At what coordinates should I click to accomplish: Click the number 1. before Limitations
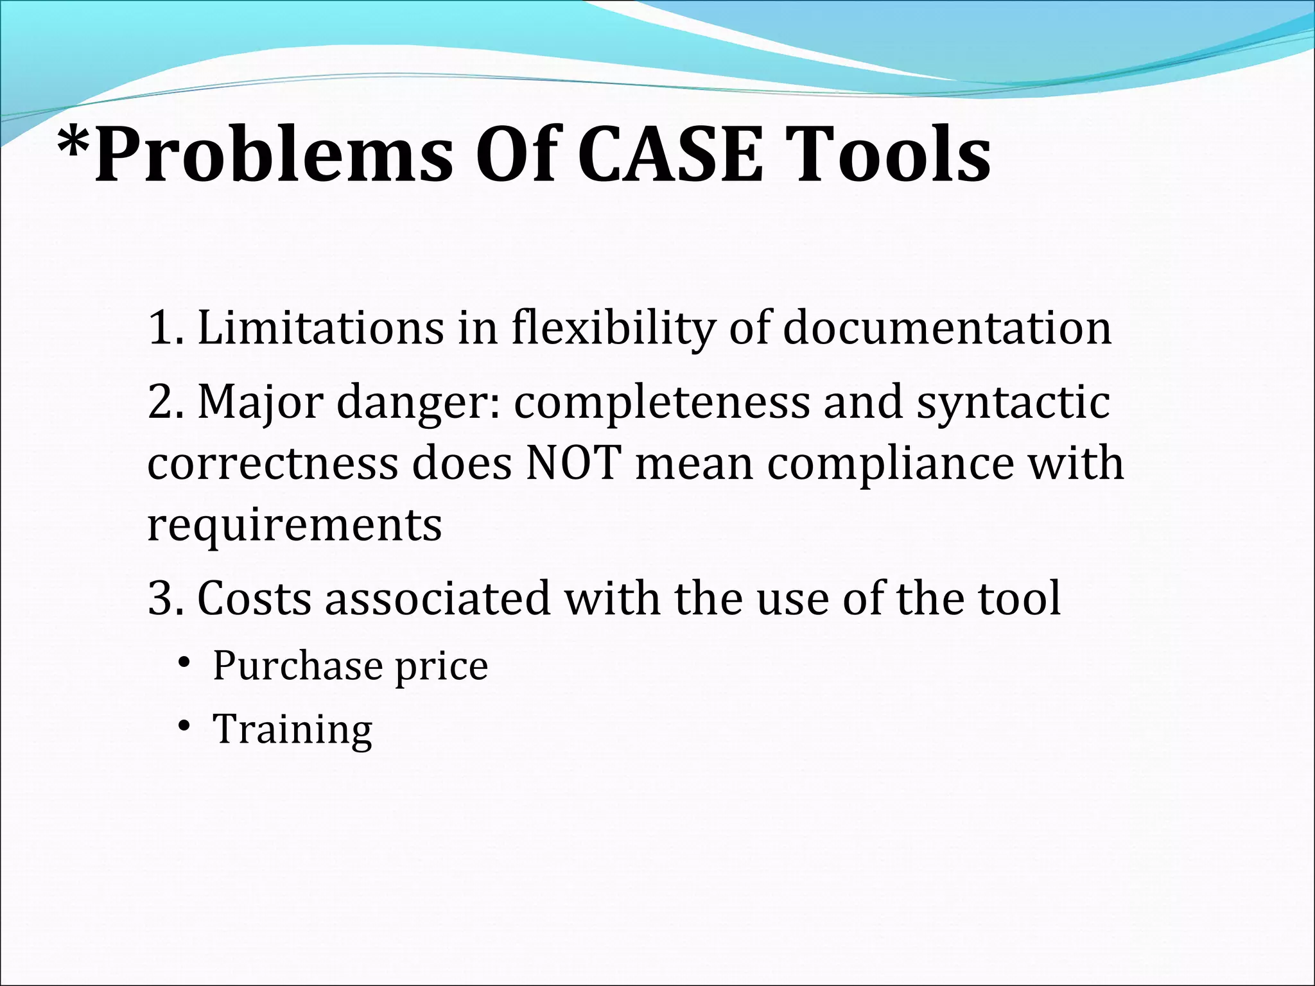point(164,329)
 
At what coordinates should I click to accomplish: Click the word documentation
point(947,329)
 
